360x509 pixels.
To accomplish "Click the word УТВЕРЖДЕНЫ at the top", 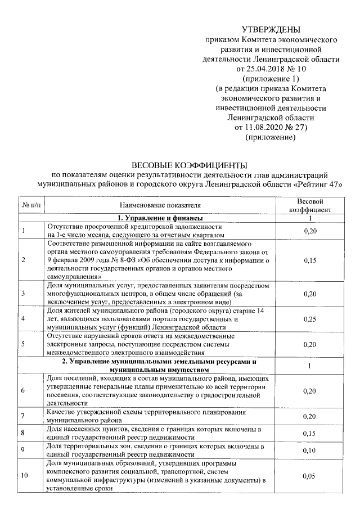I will tap(271, 29).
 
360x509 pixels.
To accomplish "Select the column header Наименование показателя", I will tap(160, 206).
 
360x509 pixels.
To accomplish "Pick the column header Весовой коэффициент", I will tap(309, 206).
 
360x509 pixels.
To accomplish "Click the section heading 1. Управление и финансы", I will tap(160, 218).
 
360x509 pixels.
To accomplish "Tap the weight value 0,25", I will tap(309, 319).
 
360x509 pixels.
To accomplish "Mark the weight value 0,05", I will tap(309, 476).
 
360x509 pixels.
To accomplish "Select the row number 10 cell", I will tap(25, 476).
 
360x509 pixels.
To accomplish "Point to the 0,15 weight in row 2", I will tap(309, 260).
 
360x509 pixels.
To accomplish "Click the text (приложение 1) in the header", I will tap(271, 79).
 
